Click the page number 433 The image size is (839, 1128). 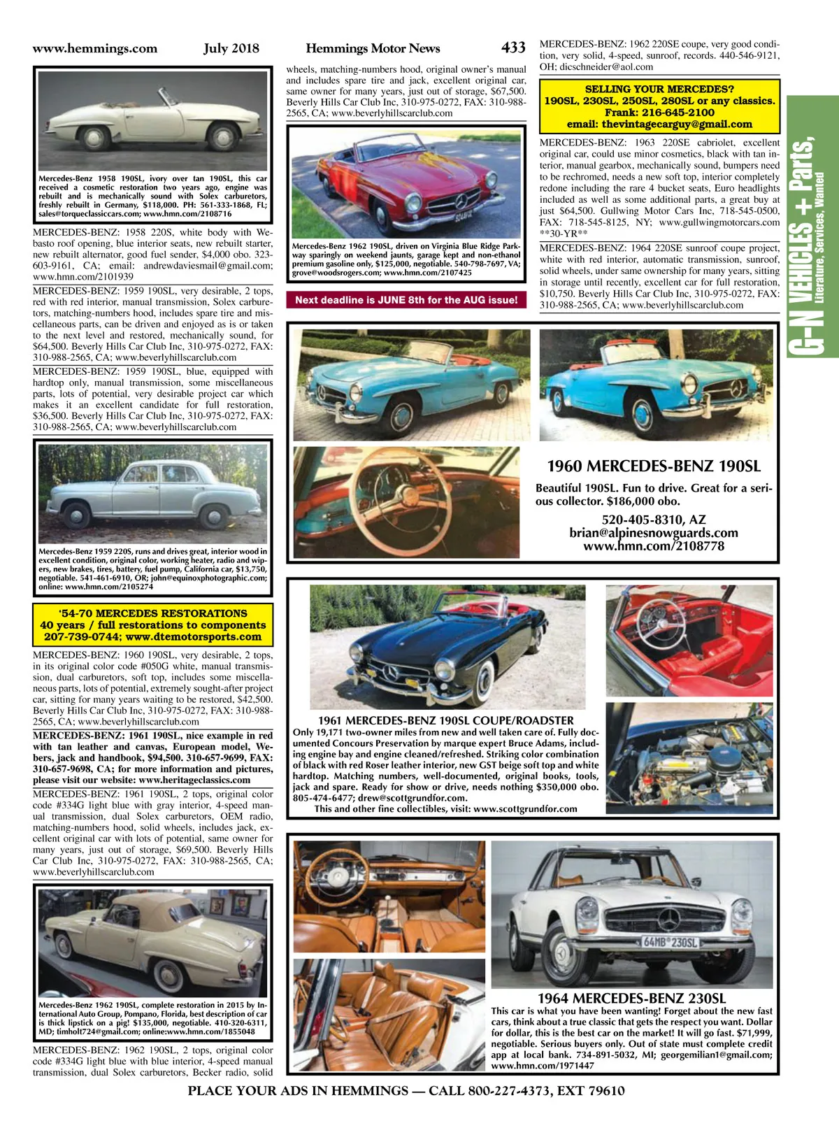pyautogui.click(x=513, y=48)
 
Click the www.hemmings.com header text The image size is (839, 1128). pyautogui.click(x=95, y=48)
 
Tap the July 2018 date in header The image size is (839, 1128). pyautogui.click(x=231, y=48)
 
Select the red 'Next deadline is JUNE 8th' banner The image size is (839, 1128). pyautogui.click(x=406, y=300)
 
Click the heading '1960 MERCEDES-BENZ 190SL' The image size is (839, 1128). pyautogui.click(x=653, y=466)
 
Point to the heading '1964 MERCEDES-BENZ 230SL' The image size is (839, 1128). pyautogui.click(x=631, y=999)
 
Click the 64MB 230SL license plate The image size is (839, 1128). pyautogui.click(x=671, y=942)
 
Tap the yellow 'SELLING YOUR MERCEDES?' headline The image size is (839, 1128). pyautogui.click(x=659, y=89)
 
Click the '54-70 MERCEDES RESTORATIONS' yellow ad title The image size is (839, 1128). pyautogui.click(x=153, y=613)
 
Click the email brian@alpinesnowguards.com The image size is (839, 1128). pyautogui.click(x=654, y=533)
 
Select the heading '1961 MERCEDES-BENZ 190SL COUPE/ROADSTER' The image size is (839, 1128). pyautogui.click(x=445, y=720)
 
